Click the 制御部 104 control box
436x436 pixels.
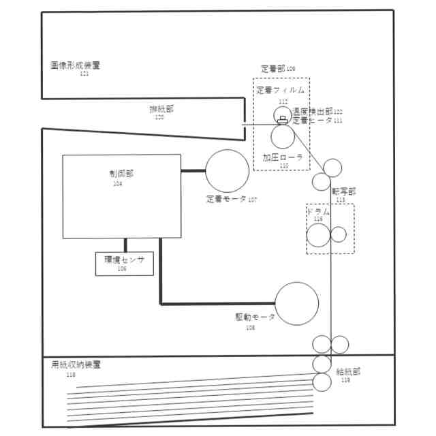[121, 196]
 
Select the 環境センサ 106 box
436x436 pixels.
[125, 263]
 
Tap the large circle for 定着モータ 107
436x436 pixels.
[228, 170]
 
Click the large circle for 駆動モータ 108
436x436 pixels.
[296, 303]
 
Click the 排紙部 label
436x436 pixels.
[161, 109]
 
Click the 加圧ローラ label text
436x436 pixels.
[282, 157]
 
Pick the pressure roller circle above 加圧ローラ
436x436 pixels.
[282, 136]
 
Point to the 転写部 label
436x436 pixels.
[343, 192]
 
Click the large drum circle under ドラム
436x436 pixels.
[318, 235]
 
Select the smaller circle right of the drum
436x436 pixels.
[338, 234]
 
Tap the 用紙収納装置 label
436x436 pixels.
[76, 365]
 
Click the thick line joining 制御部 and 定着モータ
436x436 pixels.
[193, 170]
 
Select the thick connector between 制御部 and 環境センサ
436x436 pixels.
[125, 245]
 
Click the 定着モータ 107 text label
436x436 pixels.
[232, 200]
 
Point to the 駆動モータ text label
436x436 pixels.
[255, 318]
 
